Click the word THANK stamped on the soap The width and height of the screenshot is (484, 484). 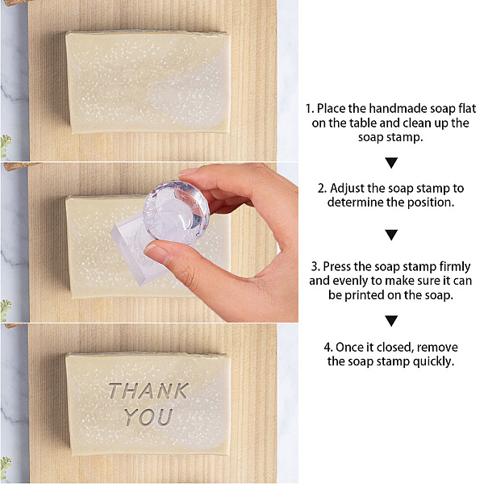point(148,391)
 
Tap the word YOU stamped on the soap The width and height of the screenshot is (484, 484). point(148,417)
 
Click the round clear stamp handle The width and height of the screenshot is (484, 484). point(176,211)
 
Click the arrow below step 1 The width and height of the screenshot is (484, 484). point(391,163)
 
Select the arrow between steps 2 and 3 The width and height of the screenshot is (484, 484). point(391,235)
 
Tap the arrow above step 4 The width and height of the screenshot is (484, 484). point(391,321)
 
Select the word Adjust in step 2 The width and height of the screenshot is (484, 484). point(348,188)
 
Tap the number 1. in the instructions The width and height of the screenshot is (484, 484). point(310,109)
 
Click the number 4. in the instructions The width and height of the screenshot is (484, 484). point(328,348)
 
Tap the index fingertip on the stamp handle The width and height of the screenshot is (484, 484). point(188,173)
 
